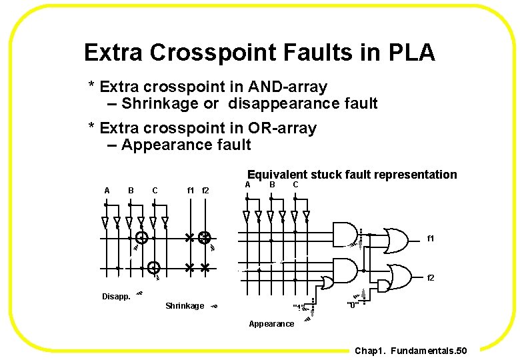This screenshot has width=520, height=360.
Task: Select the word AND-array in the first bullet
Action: (287, 87)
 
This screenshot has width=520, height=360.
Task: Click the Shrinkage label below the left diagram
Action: (185, 306)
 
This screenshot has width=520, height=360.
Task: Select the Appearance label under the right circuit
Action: (271, 324)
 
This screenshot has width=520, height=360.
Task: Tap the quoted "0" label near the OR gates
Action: (353, 305)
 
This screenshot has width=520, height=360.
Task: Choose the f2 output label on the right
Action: (431, 277)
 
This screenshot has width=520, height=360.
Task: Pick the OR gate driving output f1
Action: (396, 239)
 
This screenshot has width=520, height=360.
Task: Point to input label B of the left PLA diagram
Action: (131, 191)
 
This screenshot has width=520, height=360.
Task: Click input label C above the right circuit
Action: (295, 184)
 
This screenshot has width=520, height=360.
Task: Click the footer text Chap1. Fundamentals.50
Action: (411, 351)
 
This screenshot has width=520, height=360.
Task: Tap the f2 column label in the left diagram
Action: (205, 191)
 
